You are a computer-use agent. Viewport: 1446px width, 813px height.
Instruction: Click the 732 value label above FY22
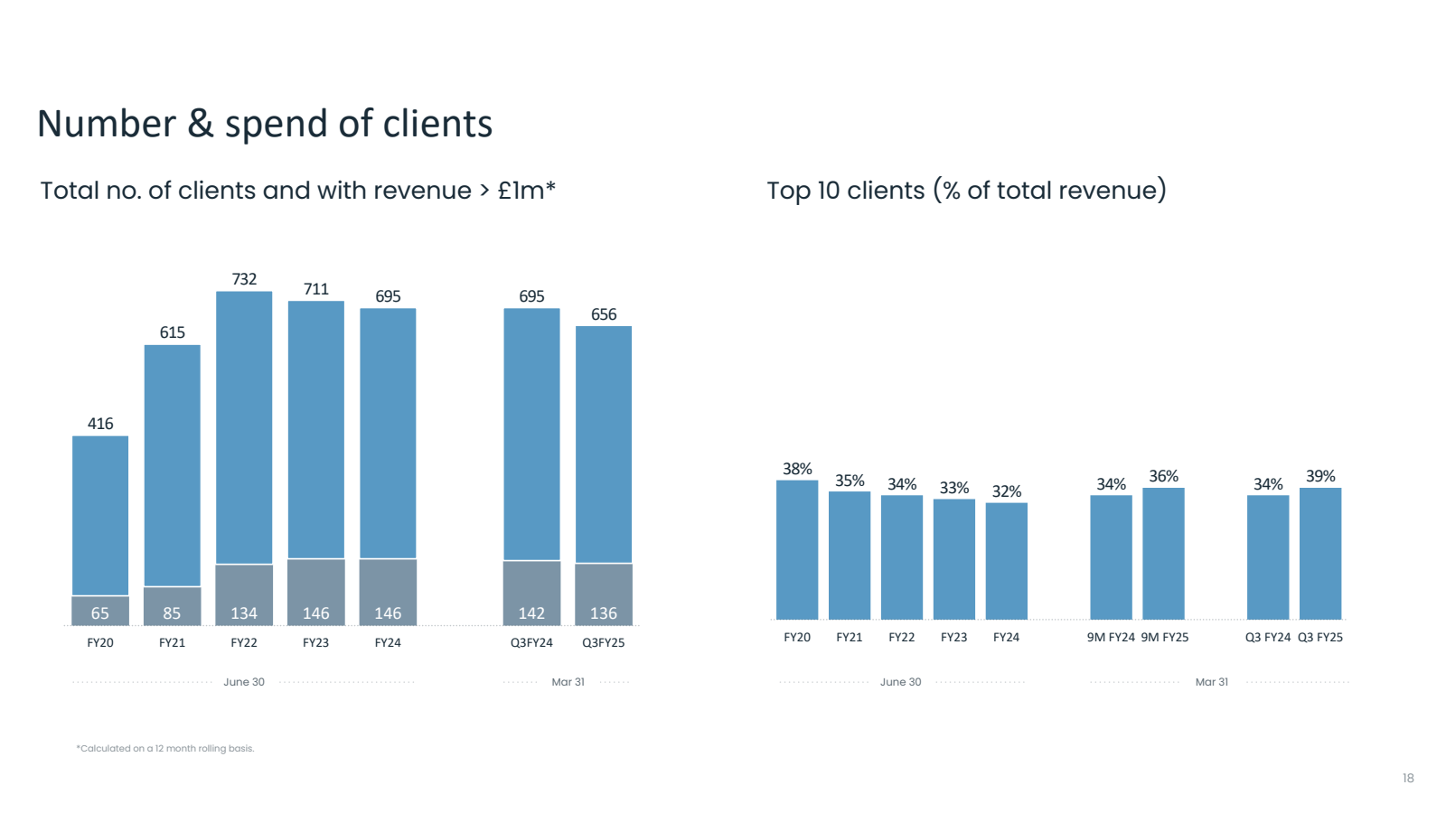244,279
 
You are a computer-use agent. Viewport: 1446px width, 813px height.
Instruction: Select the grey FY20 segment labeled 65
100,611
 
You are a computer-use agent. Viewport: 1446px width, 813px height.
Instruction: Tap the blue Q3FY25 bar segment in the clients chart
604,444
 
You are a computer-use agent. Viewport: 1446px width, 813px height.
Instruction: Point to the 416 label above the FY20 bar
100,424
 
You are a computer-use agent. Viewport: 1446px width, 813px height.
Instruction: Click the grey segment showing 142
531,593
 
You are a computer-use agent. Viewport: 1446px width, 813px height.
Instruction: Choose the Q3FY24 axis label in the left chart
531,643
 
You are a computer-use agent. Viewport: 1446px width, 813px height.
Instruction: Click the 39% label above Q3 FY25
1320,476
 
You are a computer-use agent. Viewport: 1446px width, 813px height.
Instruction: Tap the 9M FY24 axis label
1111,638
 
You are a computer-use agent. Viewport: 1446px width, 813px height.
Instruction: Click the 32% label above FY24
1007,491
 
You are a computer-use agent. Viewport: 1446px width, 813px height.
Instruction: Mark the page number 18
1408,779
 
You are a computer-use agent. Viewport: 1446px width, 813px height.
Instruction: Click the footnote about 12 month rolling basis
165,749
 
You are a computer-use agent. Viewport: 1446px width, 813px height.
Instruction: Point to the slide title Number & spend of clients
265,124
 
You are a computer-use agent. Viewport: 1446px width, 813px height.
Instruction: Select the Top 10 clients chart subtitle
966,191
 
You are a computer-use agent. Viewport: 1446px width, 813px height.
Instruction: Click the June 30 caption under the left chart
244,682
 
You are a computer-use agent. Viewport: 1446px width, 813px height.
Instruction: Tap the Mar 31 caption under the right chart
1212,682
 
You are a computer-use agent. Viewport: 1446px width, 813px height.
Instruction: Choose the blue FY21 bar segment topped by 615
173,465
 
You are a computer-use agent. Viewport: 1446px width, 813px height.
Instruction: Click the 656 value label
604,314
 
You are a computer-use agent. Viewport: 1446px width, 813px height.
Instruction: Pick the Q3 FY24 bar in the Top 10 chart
1268,556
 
